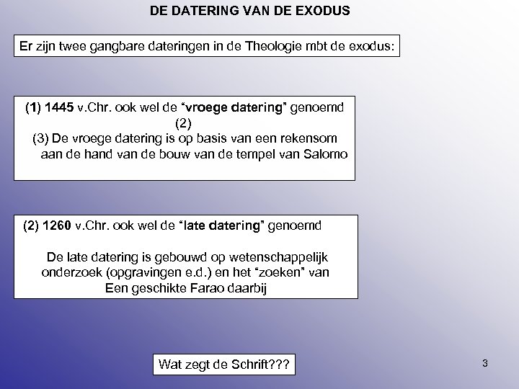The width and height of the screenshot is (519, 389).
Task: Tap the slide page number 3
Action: pos(485,363)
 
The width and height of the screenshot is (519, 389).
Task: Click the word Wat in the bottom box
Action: pos(171,365)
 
